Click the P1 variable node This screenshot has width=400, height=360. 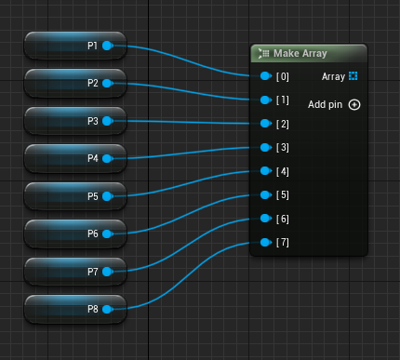click(75, 46)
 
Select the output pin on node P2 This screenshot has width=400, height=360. click(107, 84)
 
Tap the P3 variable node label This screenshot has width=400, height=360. click(93, 121)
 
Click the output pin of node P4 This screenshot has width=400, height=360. click(107, 159)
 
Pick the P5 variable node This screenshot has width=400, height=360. click(75, 196)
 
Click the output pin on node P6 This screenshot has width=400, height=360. click(107, 233)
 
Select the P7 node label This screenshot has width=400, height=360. click(93, 272)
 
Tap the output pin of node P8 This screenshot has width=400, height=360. click(107, 309)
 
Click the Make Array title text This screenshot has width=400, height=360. click(300, 53)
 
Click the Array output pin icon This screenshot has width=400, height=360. click(353, 76)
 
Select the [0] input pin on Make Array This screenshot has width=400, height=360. click(266, 76)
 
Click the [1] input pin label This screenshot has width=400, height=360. click(283, 100)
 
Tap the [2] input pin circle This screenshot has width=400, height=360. click(266, 124)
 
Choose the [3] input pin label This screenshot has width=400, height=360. click(283, 147)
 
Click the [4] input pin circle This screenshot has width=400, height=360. click(266, 171)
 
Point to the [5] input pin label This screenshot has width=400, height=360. click(283, 195)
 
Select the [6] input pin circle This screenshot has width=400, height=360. click(266, 219)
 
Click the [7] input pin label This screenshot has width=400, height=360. click(283, 242)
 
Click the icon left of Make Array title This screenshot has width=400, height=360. click(263, 53)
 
